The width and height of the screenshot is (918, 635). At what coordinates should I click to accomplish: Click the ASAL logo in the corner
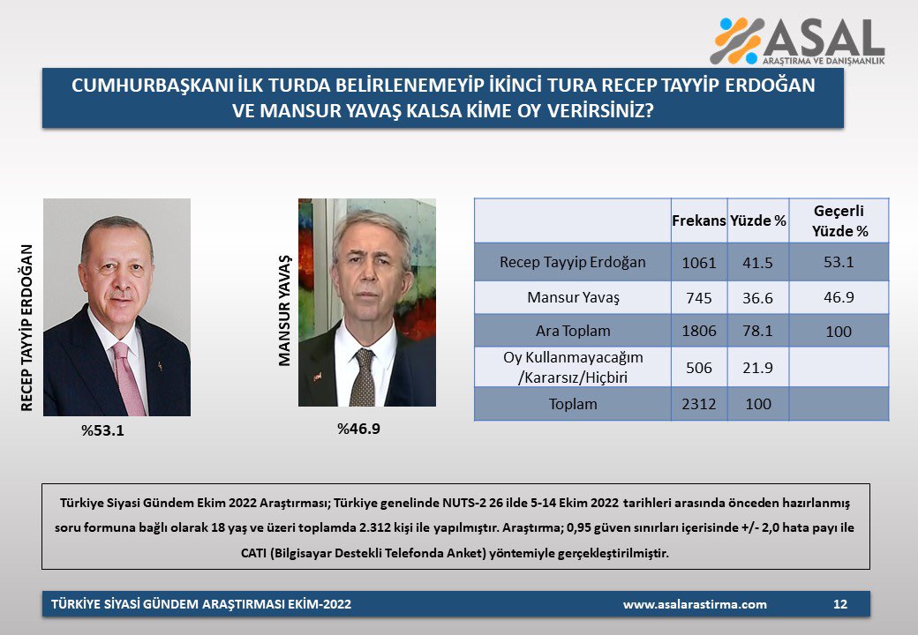coord(797,41)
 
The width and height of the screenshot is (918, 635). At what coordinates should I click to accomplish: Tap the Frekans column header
coord(698,220)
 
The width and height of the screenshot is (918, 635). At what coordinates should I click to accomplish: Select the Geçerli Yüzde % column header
coord(839,220)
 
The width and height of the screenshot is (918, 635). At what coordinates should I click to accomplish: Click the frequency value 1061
coord(699,263)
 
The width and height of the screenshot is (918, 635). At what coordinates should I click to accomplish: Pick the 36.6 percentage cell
coord(757,298)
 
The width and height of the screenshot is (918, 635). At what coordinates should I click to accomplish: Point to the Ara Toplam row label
coord(573,331)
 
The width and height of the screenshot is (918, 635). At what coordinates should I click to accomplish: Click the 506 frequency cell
coord(699,368)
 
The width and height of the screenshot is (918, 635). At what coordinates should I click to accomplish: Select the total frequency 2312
coord(699,404)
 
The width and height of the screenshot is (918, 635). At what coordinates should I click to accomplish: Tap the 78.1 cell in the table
coord(757,331)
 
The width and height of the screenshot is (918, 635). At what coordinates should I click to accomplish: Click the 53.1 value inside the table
coord(839,262)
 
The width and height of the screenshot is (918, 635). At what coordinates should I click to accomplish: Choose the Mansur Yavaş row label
coord(573,297)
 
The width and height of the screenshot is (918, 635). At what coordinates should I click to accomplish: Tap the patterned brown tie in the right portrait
coord(363,377)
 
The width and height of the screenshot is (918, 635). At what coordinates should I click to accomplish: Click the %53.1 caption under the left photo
coord(102,431)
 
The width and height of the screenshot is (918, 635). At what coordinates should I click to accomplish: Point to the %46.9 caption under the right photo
coord(358,430)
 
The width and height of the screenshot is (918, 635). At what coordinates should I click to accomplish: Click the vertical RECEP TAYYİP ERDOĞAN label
coord(27,327)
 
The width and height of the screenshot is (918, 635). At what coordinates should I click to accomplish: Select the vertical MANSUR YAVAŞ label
coord(284,310)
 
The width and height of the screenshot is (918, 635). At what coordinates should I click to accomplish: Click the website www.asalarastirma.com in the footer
coord(695,605)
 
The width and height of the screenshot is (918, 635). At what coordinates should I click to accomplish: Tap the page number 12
coord(840,604)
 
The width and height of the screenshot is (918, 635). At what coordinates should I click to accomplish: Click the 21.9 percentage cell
coord(757,368)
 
